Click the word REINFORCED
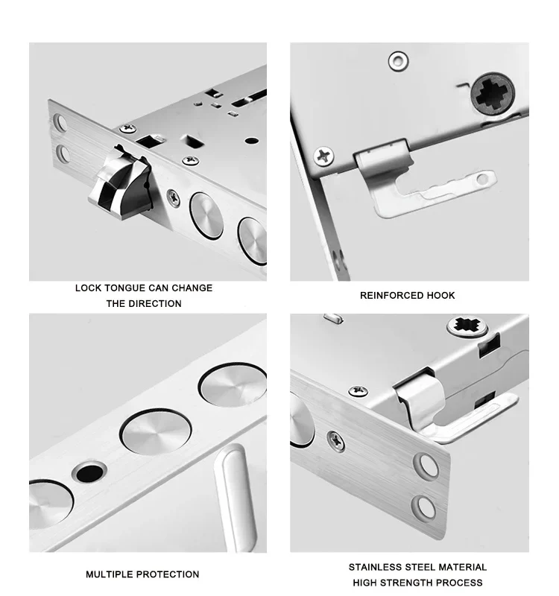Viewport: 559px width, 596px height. pos(386,295)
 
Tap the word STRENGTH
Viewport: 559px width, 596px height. pos(406,583)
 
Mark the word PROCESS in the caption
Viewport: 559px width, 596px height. pos(460,583)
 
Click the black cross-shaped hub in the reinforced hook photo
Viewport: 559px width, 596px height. pos(493,93)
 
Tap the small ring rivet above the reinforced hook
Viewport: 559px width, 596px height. pos(398,61)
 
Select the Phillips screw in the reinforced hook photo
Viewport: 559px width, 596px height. pos(323,156)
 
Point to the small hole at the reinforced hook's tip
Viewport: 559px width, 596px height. pos(482,179)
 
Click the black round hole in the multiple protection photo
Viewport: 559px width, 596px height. pos(89,472)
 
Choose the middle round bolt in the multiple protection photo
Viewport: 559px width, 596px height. pos(155,431)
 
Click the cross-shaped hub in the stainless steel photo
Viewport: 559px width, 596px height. pos(467,325)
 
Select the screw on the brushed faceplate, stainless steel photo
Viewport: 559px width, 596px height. pos(336,441)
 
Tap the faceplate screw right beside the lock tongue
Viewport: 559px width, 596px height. pos(174,198)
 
